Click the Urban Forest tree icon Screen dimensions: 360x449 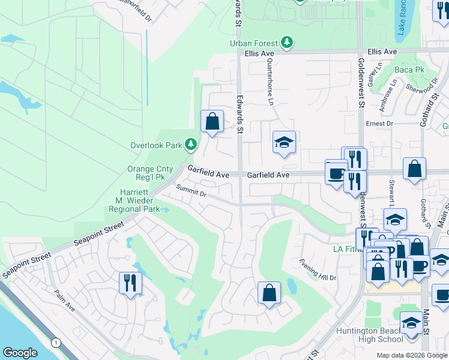coord(288,43)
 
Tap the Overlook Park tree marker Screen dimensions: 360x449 coord(191,145)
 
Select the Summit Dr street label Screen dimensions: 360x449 coord(191,191)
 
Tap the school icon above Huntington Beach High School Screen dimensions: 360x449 coord(411,323)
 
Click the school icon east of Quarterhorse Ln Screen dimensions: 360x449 coord(284,142)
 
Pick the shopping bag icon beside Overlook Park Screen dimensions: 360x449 coord(212,121)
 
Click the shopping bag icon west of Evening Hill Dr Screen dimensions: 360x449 coord(269,293)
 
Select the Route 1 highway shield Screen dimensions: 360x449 coord(56,343)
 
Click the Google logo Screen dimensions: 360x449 coord(20,353)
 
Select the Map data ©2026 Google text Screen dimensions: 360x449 coord(411,355)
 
